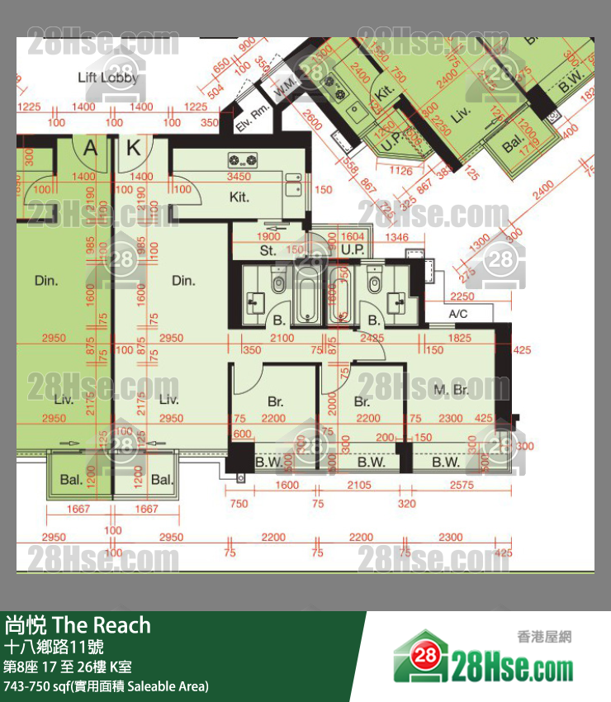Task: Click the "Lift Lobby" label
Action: click(x=107, y=78)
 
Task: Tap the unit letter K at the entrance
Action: click(x=134, y=149)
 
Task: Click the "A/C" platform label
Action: click(x=458, y=314)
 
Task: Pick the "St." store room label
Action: click(x=268, y=250)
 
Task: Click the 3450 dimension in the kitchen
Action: click(x=239, y=177)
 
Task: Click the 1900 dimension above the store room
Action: click(x=269, y=237)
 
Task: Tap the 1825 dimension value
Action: click(x=460, y=338)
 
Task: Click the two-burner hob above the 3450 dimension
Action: click(x=241, y=159)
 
